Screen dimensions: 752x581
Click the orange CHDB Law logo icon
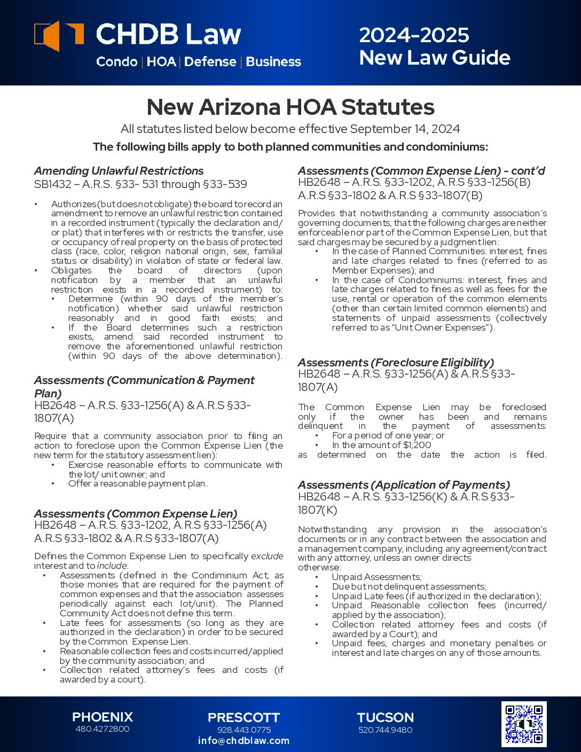pyautogui.click(x=58, y=36)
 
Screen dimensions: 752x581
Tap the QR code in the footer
pyautogui.click(x=523, y=724)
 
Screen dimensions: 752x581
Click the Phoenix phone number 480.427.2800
pyautogui.click(x=102, y=729)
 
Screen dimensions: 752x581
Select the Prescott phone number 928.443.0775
pyautogui.click(x=244, y=730)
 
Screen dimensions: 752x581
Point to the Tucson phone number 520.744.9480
pyautogui.click(x=385, y=730)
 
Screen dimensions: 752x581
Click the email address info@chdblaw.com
pyautogui.click(x=244, y=741)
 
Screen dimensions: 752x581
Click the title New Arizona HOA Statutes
pyautogui.click(x=290, y=107)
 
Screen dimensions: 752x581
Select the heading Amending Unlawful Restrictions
pyautogui.click(x=119, y=171)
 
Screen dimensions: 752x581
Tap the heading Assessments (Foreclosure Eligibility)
pyautogui.click(x=396, y=362)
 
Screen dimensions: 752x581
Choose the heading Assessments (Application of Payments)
pyautogui.click(x=404, y=485)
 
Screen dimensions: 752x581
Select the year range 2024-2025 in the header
pyautogui.click(x=414, y=35)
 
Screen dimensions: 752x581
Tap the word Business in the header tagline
pyautogui.click(x=273, y=62)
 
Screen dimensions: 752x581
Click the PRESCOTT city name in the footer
pyautogui.click(x=244, y=717)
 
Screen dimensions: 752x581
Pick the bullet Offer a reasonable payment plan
pyautogui.click(x=138, y=483)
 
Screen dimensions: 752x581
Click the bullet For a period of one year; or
pyautogui.click(x=388, y=435)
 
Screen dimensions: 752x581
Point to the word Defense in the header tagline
pyautogui.click(x=210, y=62)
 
